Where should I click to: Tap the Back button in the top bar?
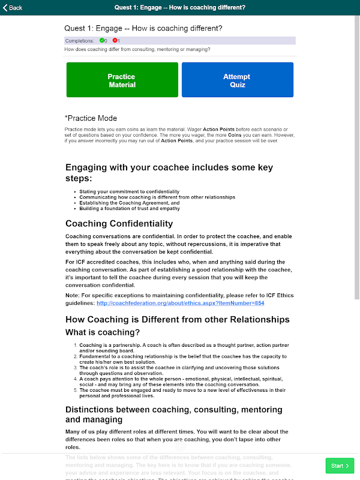tap(13, 7)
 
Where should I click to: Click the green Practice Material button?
tap(122, 80)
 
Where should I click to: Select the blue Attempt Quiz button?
tap(237, 80)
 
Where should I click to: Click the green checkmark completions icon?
tap(102, 40)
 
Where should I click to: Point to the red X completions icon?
tap(115, 40)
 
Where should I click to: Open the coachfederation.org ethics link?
tap(180, 303)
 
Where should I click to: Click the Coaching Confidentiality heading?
tap(119, 224)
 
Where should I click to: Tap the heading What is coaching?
tap(103, 332)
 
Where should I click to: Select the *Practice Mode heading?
tap(91, 118)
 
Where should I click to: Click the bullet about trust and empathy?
tap(129, 209)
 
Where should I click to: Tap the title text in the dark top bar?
tap(180, 7)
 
